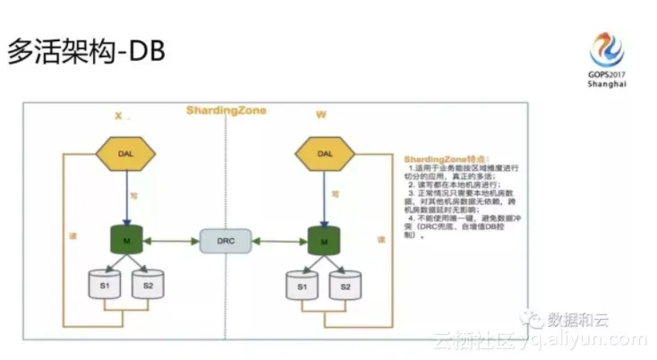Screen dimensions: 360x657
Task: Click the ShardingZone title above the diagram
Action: coord(226,110)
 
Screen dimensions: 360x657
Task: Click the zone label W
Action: coord(320,115)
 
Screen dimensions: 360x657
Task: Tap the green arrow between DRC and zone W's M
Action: coord(276,240)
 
